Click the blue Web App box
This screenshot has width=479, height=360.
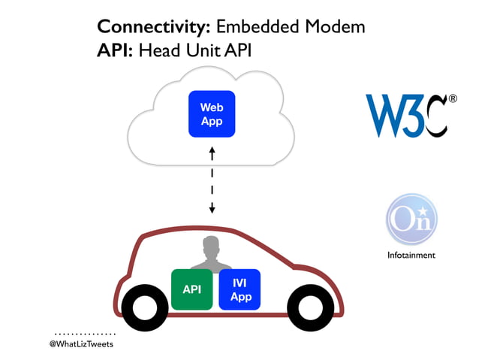212,113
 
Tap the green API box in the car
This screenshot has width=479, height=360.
192,289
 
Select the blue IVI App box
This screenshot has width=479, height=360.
239,289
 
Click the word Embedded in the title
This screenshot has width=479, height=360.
255,27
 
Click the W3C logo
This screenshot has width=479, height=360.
406,116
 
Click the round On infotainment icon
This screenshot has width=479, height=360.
411,219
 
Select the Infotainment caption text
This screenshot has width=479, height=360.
411,255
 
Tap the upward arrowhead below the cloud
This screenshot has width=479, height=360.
212,151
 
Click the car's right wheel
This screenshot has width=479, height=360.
310,307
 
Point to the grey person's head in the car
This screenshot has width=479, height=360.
211,247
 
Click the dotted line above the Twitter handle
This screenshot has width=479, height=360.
85,332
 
